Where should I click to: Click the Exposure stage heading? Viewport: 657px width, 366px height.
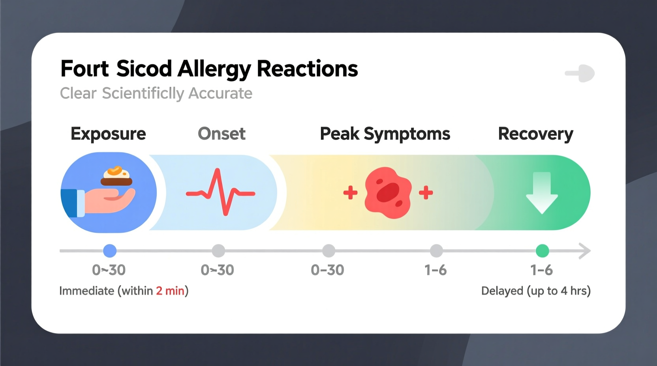tap(108, 134)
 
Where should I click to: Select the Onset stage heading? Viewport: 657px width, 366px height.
tap(222, 134)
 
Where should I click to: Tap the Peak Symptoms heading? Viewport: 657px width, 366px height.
tap(385, 134)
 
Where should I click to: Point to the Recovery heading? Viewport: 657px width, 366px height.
tap(535, 134)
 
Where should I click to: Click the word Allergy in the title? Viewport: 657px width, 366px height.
tap(214, 69)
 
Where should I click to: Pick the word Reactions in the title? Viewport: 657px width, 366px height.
tap(307, 69)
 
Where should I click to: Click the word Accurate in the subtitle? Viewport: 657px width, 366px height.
tap(220, 93)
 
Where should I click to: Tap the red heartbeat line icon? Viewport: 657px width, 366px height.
tap(221, 192)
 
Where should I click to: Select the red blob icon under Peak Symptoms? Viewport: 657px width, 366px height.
tap(388, 192)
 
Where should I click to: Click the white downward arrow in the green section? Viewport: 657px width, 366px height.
tap(542, 193)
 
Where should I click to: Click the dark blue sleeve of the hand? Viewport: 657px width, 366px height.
tap(69, 203)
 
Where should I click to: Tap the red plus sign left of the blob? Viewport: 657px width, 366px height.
tap(350, 193)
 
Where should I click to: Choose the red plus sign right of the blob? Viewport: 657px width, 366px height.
tap(426, 193)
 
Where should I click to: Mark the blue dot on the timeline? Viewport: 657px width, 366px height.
tap(110, 251)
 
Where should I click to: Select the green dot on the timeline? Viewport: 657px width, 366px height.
tap(542, 251)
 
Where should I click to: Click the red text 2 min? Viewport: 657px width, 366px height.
tap(170, 291)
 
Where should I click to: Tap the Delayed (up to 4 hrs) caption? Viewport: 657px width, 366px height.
tap(535, 291)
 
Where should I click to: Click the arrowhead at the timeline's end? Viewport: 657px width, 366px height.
tap(585, 251)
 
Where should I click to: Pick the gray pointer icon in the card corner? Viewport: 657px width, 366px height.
tap(581, 73)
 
